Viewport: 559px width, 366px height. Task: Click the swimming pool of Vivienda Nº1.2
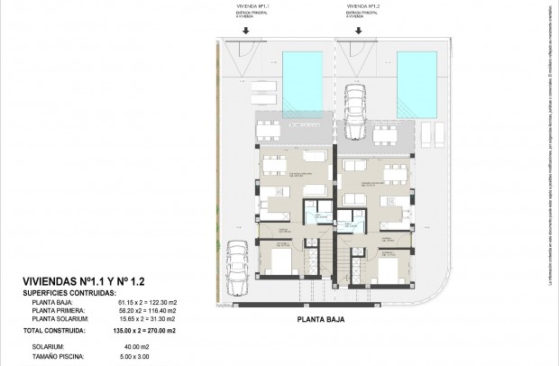pos(421,69)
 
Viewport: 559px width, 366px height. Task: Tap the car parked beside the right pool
pos(354,110)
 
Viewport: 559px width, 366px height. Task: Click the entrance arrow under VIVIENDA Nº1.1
pos(243,30)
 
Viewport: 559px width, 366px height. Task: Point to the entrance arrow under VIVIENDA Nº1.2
pos(358,30)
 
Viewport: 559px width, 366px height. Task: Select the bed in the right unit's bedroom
pos(388,267)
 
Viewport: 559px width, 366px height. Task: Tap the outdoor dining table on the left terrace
pos(269,130)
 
